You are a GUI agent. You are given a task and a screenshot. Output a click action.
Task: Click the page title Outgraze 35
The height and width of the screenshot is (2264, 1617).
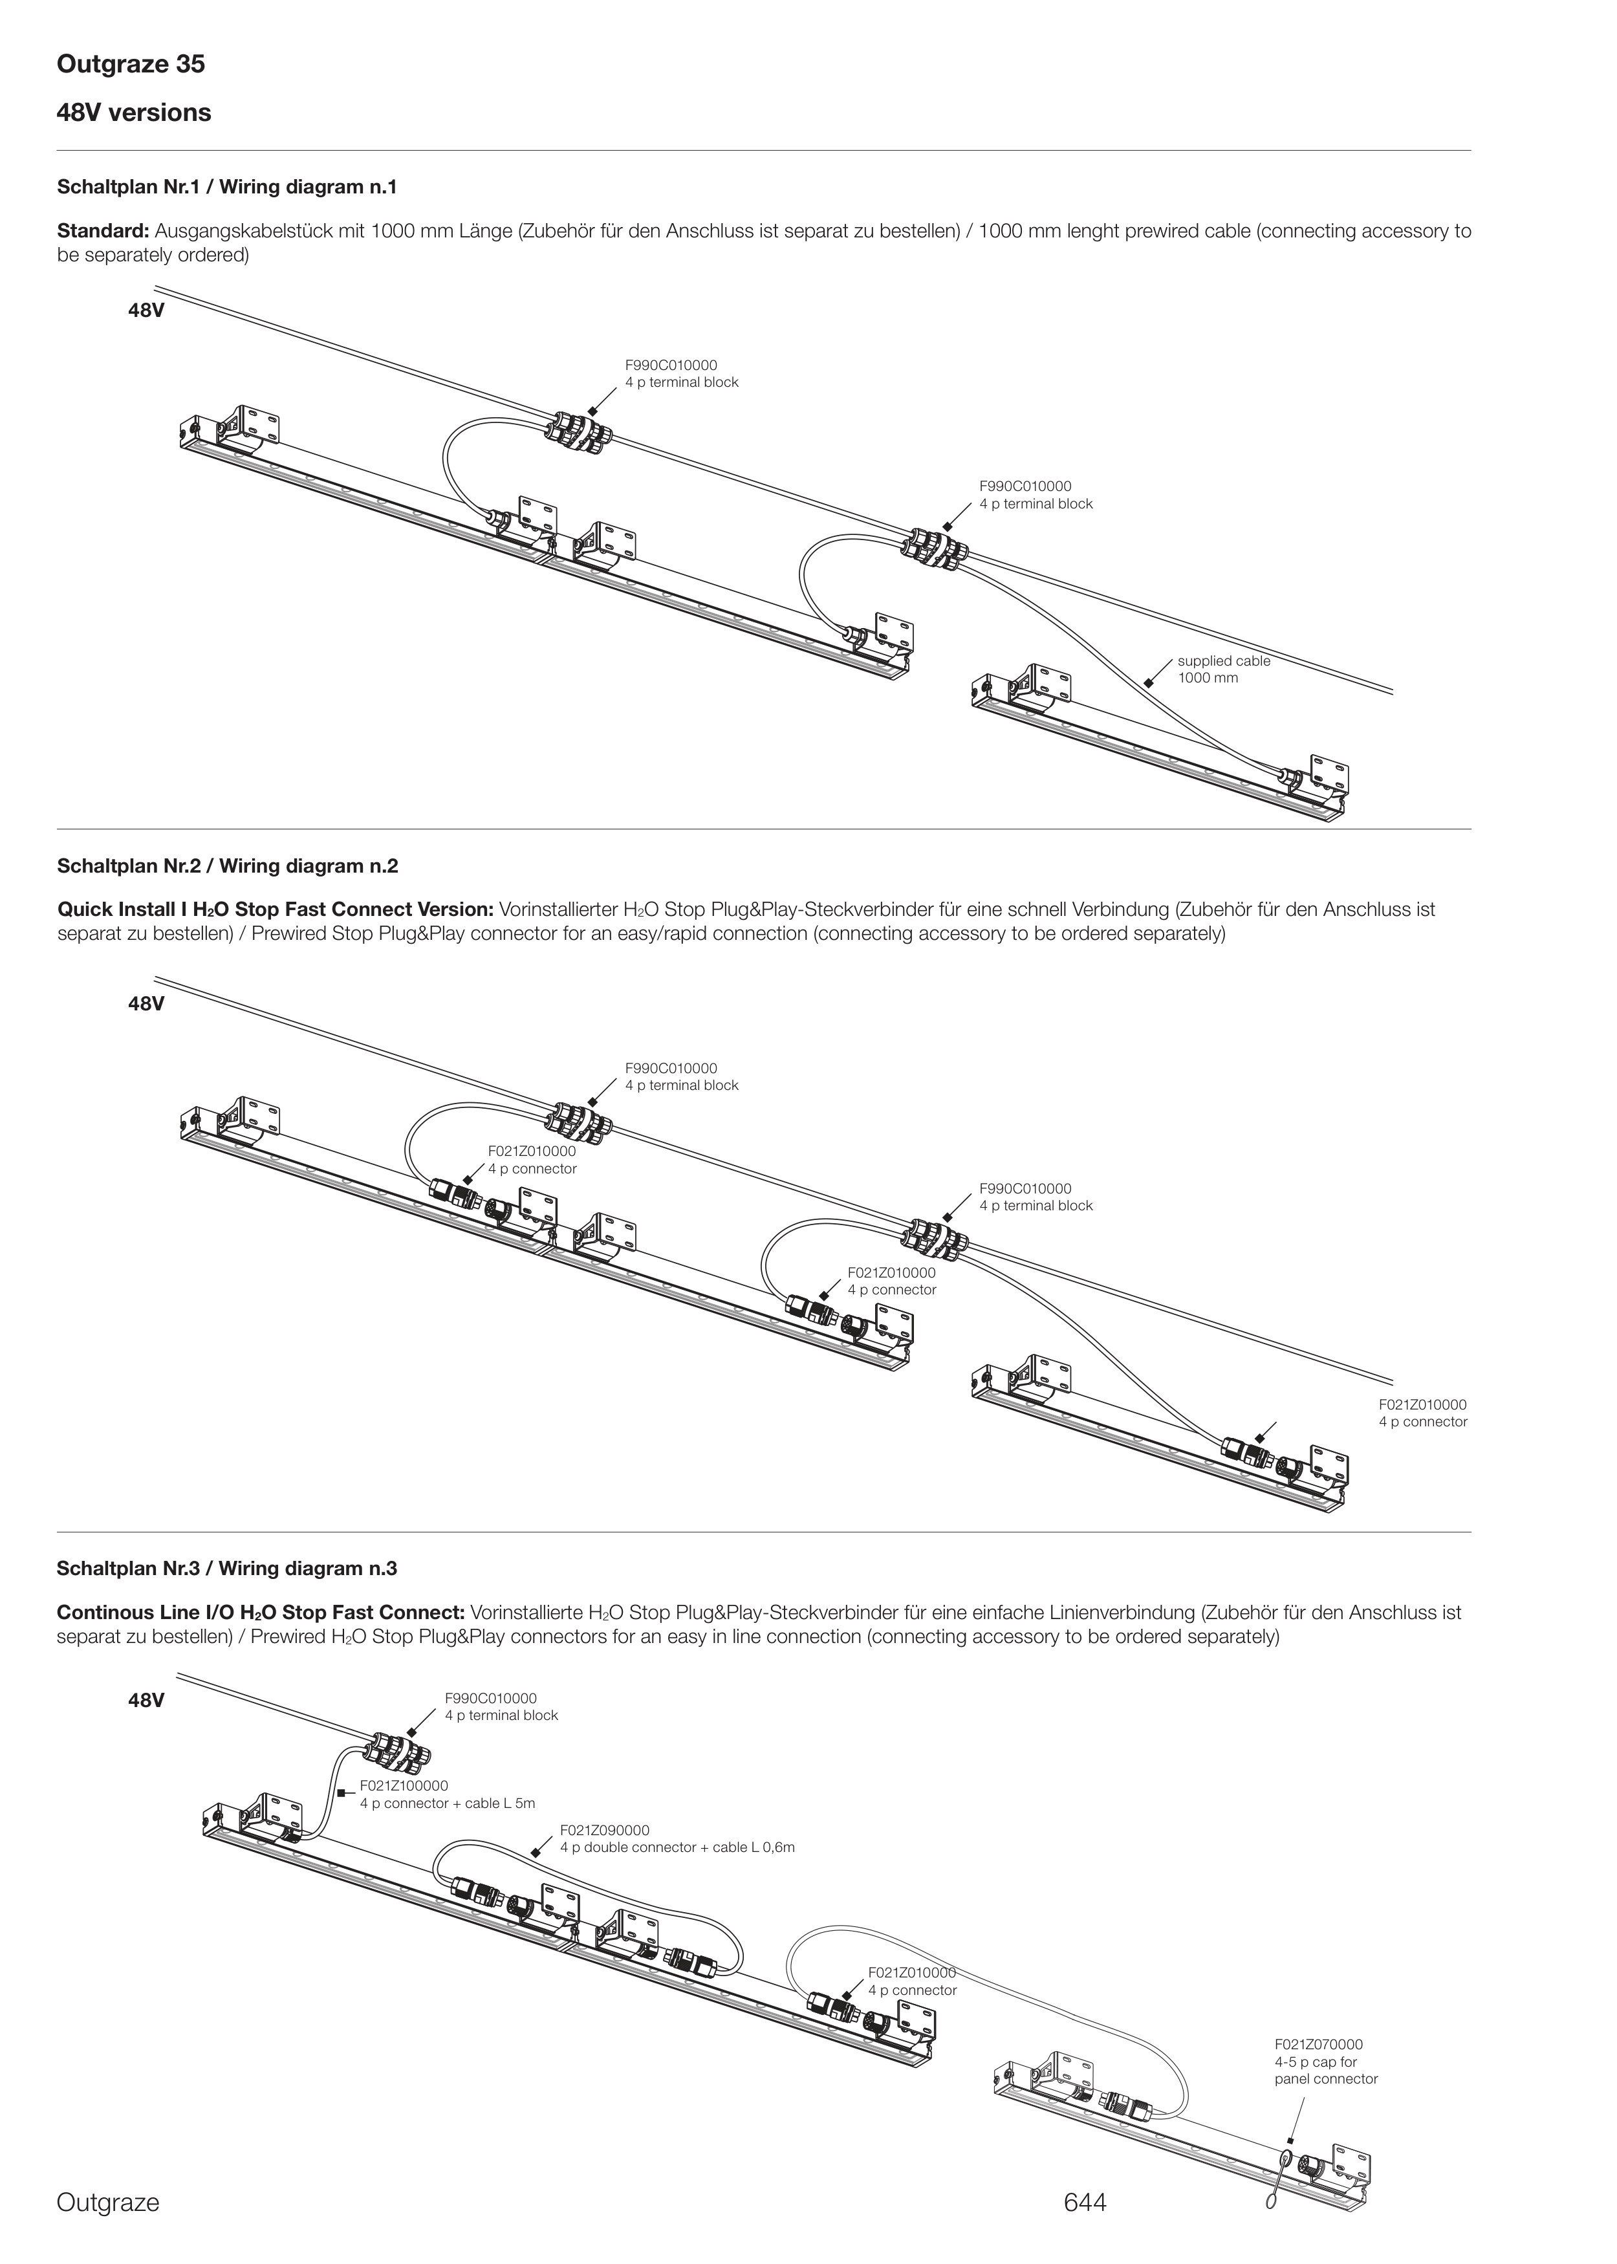tap(131, 65)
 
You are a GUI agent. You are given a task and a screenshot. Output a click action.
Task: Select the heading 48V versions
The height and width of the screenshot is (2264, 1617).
tap(133, 113)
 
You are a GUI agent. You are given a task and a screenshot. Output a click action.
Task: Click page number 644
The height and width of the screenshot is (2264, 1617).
tap(1084, 2203)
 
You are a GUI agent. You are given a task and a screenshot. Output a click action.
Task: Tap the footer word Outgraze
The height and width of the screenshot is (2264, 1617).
tap(107, 2203)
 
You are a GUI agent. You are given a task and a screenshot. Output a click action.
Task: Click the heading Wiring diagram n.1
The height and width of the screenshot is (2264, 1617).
tap(227, 187)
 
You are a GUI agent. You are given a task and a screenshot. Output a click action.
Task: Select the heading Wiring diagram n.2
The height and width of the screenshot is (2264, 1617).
tap(227, 866)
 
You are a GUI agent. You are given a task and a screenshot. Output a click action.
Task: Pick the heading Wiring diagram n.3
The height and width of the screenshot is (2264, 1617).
tap(227, 1569)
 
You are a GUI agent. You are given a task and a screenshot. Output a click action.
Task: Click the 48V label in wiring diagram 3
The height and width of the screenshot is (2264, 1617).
tap(146, 1701)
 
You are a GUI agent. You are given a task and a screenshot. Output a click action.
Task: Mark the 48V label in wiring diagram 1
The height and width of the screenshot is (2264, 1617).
tap(146, 310)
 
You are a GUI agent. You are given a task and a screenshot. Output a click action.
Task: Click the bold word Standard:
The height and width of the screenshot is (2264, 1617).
tap(103, 231)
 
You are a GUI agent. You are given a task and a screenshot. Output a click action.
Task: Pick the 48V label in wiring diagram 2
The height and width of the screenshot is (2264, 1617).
tap(146, 1003)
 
